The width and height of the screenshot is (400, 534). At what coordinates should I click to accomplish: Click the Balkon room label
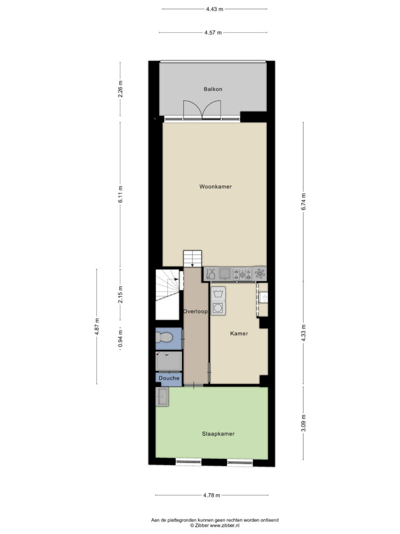(x=213, y=89)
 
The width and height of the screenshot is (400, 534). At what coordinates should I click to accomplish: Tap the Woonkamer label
(x=215, y=187)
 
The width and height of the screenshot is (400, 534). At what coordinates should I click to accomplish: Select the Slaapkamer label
(x=218, y=434)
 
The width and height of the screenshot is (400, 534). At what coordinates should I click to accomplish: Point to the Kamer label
(x=239, y=333)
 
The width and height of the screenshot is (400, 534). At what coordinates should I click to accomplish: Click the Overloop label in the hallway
(x=195, y=311)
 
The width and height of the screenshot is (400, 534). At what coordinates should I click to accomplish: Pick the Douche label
(x=169, y=378)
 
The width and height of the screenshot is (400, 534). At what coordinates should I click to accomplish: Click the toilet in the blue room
(x=164, y=338)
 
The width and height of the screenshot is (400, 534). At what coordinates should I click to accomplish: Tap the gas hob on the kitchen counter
(x=242, y=274)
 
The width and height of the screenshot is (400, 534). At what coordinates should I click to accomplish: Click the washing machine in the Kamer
(x=218, y=308)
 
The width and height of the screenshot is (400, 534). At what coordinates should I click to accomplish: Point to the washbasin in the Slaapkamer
(x=162, y=397)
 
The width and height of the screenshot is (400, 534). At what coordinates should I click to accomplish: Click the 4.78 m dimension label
(x=211, y=495)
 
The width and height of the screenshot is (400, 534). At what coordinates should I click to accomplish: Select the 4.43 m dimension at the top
(x=215, y=9)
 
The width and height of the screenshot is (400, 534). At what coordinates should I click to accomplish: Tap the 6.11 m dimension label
(x=120, y=194)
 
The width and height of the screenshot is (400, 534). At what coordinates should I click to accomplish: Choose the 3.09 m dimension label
(x=304, y=423)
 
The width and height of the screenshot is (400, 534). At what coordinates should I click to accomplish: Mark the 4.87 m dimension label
(x=97, y=326)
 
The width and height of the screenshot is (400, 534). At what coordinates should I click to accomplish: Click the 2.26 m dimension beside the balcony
(x=120, y=89)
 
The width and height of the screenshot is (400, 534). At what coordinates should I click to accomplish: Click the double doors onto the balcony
(x=202, y=110)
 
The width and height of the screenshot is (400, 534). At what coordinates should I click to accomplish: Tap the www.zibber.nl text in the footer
(x=224, y=526)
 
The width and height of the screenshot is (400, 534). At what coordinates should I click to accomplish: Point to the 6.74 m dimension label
(x=304, y=202)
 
